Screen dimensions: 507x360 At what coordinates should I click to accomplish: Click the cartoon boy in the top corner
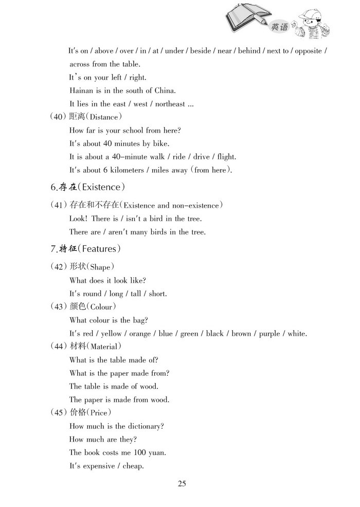(312, 26)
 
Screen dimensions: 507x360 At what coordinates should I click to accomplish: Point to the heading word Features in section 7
(99, 249)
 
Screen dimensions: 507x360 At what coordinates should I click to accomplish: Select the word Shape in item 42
(100, 267)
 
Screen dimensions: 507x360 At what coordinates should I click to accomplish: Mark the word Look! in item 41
(78, 219)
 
